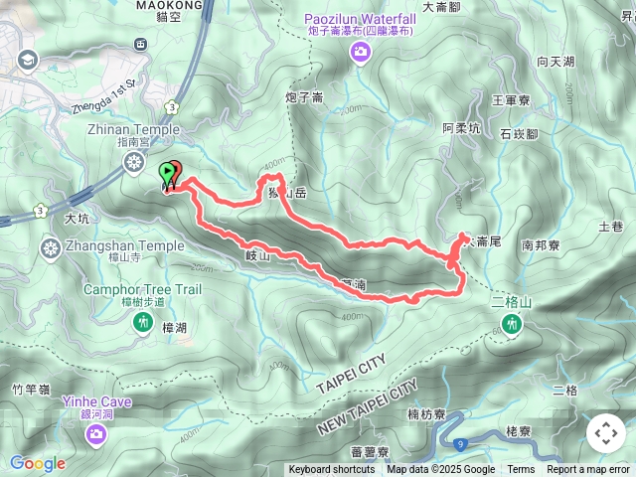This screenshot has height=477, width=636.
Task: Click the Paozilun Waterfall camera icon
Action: (x=359, y=57)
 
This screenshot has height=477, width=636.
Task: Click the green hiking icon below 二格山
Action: (x=512, y=323)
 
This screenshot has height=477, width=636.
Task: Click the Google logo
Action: (x=37, y=463)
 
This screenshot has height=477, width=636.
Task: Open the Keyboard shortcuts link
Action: (x=332, y=470)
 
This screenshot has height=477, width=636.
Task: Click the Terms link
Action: (x=521, y=470)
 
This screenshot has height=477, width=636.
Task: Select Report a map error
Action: (x=588, y=470)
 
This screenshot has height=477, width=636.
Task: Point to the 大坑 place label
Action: (x=77, y=217)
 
